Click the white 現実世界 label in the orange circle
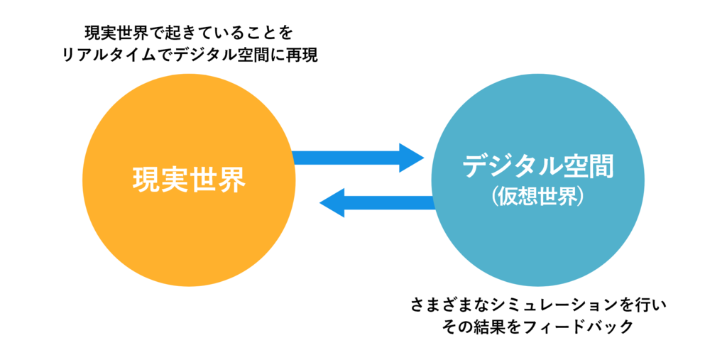189,180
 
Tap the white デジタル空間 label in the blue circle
537,165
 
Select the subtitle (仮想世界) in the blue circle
537,197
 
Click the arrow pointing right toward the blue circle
358,158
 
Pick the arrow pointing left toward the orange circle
376,203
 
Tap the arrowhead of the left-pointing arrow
332,203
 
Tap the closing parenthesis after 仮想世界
579,197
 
